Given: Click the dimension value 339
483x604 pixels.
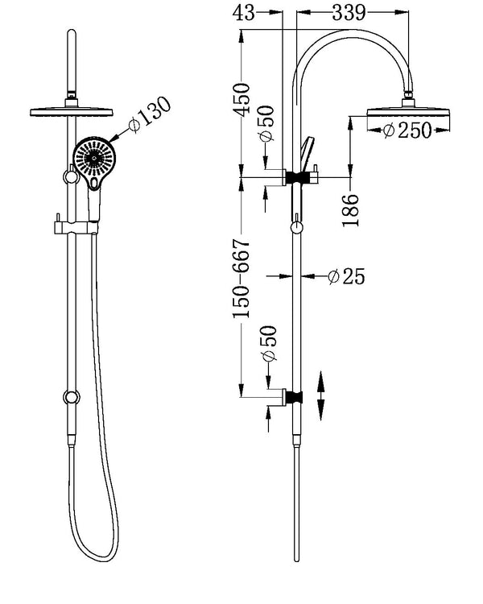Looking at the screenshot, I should pyautogui.click(x=348, y=13).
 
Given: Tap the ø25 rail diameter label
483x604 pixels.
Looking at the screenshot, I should pyautogui.click(x=347, y=277).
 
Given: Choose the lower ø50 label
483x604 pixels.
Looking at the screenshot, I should pyautogui.click(x=267, y=345).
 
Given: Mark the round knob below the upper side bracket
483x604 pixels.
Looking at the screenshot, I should pyautogui.click(x=298, y=229).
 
